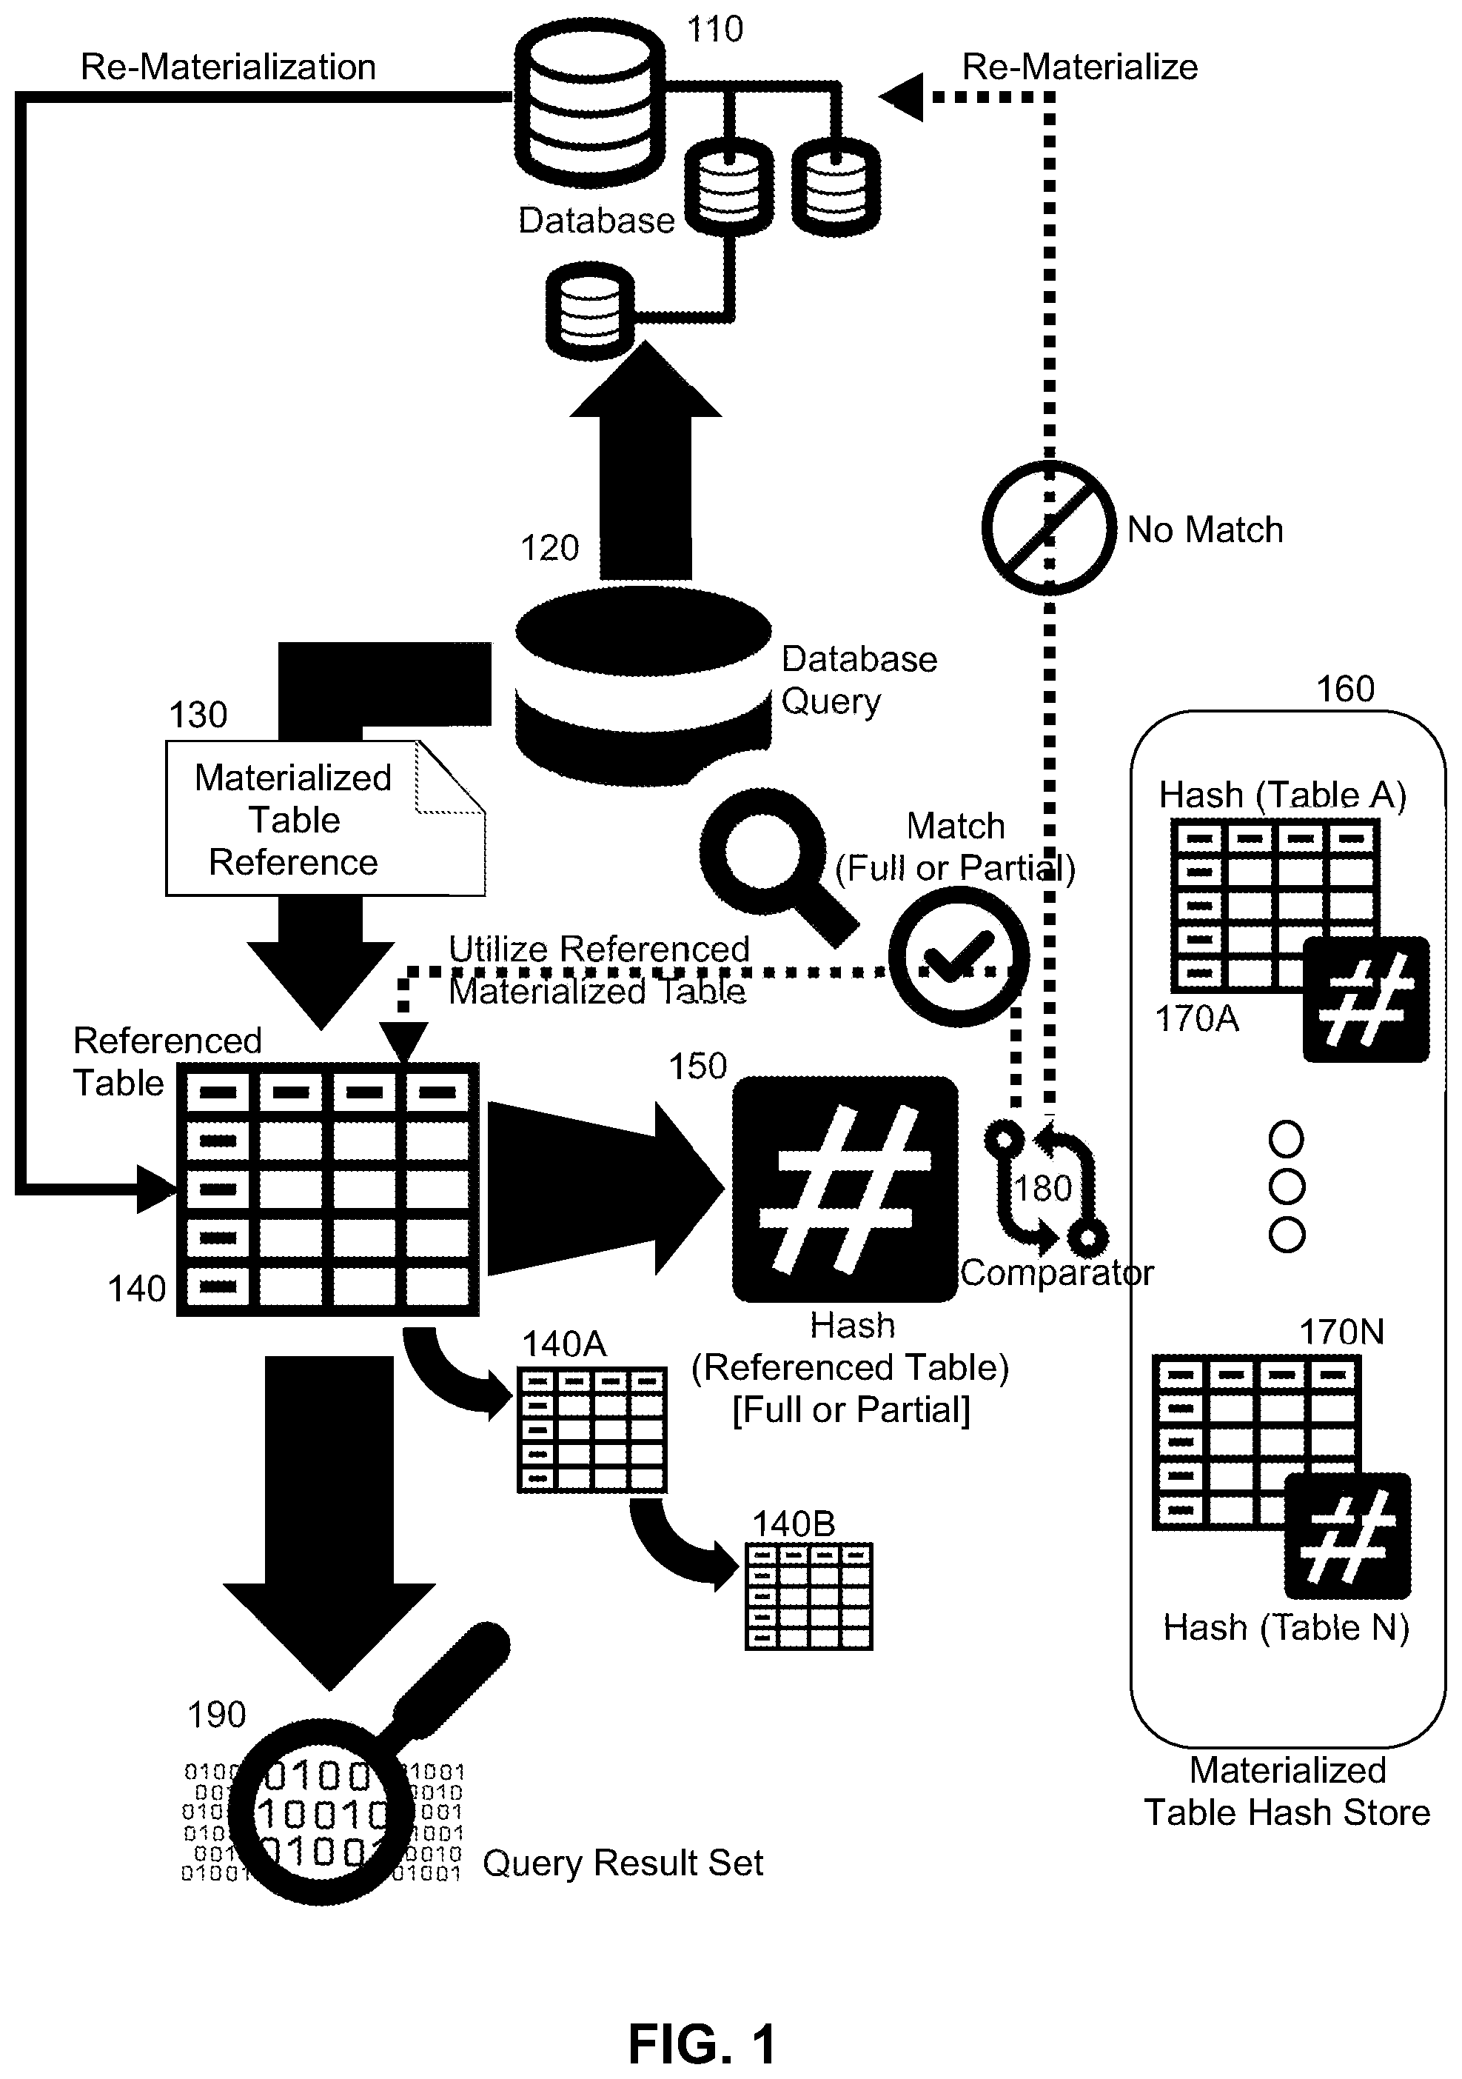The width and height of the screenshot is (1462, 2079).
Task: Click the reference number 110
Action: click(714, 30)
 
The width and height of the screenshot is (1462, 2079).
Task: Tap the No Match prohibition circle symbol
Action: click(1048, 527)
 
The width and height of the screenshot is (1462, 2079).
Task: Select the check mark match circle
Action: click(959, 956)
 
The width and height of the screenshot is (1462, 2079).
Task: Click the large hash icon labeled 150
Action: click(845, 1188)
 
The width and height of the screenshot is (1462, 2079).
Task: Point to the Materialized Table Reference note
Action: click(325, 818)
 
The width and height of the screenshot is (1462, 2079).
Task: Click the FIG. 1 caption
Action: click(703, 2043)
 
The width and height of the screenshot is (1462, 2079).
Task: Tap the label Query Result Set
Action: click(623, 1863)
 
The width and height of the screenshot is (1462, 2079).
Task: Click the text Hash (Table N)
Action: click(1287, 1627)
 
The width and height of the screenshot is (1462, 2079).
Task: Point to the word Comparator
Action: click(1056, 1273)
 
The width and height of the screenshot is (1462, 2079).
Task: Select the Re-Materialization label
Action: click(228, 67)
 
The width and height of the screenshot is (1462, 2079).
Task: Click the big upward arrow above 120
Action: click(646, 459)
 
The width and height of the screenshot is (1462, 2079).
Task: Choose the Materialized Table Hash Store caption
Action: click(1287, 1791)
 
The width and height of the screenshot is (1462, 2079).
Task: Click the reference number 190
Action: click(216, 1714)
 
